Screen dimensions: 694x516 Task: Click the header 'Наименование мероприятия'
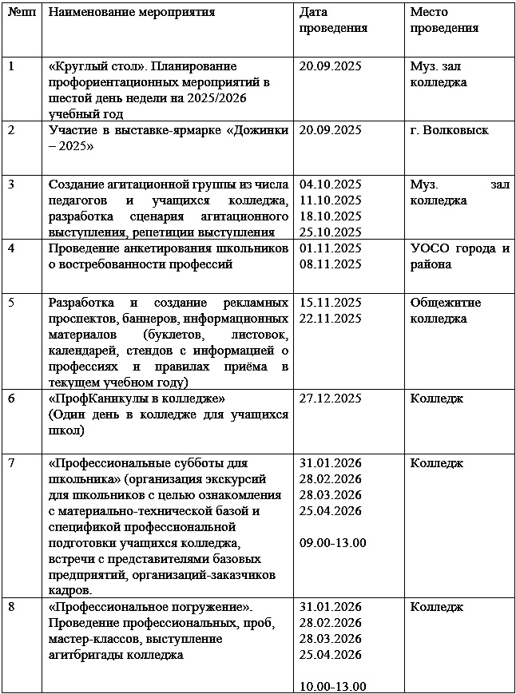[132, 13]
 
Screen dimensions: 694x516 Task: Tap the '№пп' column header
[20, 13]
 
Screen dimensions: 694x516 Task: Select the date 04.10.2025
[330, 184]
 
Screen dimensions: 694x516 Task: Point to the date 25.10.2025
[330, 232]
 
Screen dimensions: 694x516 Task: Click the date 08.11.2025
[330, 264]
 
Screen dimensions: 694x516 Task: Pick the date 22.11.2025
[330, 318]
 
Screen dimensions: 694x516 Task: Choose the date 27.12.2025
[330, 398]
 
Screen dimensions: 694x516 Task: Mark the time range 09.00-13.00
[332, 542]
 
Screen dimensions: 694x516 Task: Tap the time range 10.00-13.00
[332, 686]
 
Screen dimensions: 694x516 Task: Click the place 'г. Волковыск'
[449, 130]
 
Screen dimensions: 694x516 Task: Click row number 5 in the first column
[11, 303]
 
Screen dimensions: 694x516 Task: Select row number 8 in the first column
[11, 607]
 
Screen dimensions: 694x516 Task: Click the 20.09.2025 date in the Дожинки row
[330, 130]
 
